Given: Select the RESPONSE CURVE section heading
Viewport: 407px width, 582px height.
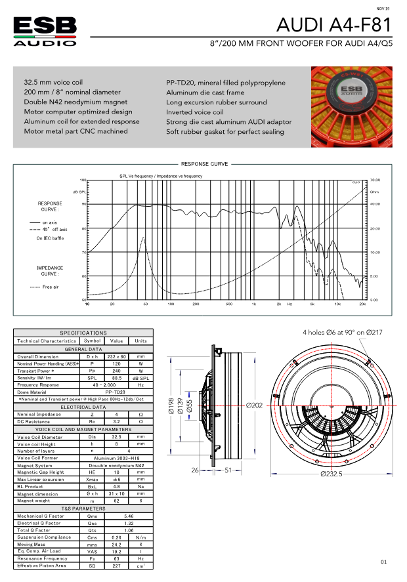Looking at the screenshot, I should point(203,164).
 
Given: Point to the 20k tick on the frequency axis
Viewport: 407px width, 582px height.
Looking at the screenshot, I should point(362,304).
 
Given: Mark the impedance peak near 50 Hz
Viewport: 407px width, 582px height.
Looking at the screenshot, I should point(143,238).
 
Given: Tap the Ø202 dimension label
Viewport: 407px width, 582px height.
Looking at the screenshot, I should point(255,405).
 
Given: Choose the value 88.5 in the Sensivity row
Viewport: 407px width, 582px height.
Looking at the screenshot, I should point(116,377).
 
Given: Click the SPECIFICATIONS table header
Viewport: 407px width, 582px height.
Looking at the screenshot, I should point(83,333).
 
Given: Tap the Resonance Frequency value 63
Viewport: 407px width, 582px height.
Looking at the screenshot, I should point(116,558).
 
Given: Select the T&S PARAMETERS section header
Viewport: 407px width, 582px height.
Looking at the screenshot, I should point(83,509).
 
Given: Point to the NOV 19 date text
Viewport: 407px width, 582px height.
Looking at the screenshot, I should point(383,9).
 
